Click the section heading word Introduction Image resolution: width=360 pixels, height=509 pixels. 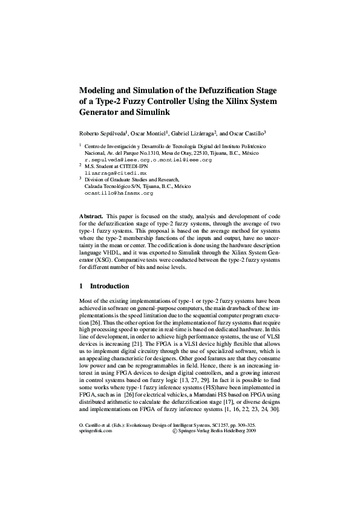click(110, 285)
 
